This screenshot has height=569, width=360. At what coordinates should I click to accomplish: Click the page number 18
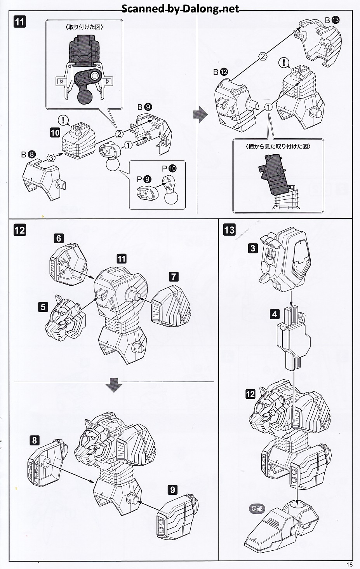(350, 564)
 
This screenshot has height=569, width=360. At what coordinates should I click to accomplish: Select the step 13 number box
(230, 230)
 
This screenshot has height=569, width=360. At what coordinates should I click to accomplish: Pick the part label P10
(169, 169)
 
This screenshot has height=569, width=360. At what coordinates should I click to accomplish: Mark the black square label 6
(59, 238)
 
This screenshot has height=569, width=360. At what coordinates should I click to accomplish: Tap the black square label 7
(174, 277)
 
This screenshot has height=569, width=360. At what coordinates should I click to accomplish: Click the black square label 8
(35, 440)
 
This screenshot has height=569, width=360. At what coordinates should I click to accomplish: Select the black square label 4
(275, 314)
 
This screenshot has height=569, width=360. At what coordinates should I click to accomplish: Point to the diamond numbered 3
(51, 157)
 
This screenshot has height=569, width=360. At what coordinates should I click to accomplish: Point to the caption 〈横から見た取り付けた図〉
(278, 147)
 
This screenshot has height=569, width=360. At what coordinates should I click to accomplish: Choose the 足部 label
(257, 508)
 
